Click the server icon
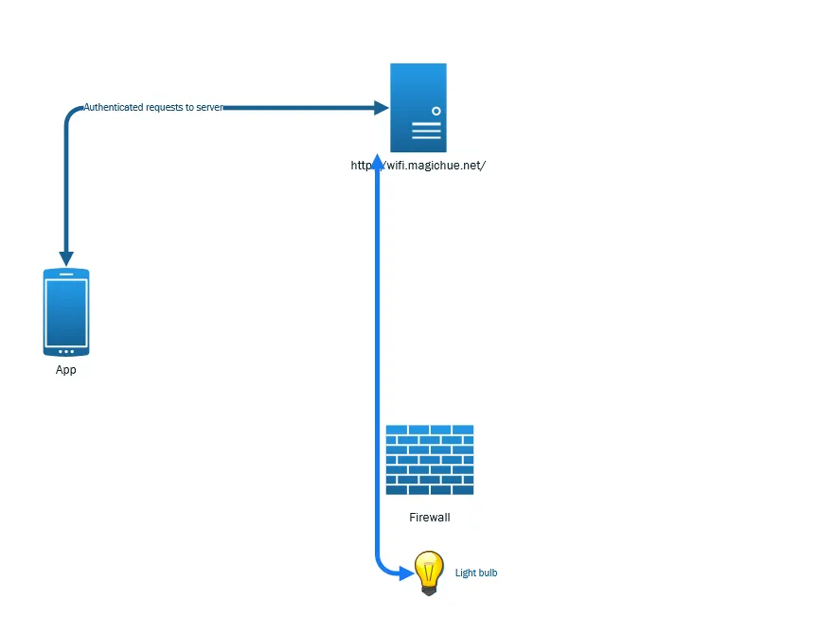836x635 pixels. [418, 107]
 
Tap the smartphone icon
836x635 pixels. [66, 312]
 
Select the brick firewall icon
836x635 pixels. [429, 460]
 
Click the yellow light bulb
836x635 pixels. [429, 572]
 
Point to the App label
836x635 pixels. [66, 370]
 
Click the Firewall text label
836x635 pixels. [429, 518]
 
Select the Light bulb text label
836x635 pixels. [476, 573]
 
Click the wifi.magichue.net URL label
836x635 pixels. [418, 166]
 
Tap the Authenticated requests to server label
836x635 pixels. [153, 108]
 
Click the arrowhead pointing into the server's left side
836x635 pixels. [382, 108]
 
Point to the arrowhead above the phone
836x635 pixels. [66, 258]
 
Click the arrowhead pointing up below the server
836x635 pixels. [377, 160]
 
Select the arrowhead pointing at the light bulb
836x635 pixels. [407, 573]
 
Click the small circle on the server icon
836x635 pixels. [436, 111]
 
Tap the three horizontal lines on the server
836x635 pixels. [426, 131]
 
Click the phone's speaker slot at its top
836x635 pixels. [66, 275]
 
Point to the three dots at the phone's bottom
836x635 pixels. [66, 351]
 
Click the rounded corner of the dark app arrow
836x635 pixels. [69, 113]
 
